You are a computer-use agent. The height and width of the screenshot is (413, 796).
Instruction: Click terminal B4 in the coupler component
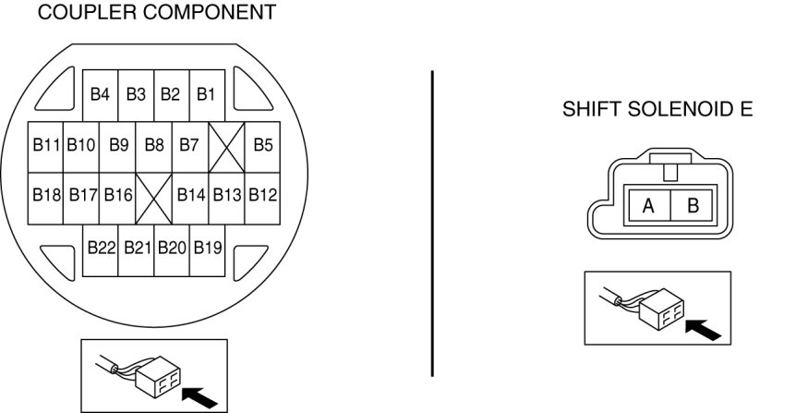point(100,94)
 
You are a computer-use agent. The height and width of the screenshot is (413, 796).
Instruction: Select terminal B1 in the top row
point(206,94)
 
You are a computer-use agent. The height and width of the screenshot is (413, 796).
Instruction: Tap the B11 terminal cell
point(46,145)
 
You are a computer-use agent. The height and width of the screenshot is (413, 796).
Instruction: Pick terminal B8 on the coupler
point(154,145)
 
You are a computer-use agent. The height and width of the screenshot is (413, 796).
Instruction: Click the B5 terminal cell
point(263,145)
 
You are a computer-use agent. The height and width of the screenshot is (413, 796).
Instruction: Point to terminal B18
point(46,196)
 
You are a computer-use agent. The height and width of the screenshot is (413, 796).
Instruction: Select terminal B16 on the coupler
point(118,196)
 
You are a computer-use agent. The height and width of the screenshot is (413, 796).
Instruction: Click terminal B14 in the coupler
point(190,196)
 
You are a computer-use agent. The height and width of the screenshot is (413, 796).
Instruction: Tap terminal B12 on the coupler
point(263,196)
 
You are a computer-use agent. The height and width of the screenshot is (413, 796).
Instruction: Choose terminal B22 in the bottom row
point(101,248)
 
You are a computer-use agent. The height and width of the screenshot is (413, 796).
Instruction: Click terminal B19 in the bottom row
point(208,248)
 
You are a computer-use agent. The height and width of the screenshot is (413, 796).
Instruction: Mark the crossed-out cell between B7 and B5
point(226,146)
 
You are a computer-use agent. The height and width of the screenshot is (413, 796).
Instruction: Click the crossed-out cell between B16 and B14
point(154,197)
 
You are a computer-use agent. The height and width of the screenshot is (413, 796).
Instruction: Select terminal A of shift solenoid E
point(648,206)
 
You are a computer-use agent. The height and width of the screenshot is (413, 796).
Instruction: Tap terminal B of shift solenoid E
point(693,206)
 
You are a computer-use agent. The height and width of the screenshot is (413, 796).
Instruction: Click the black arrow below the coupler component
point(201,395)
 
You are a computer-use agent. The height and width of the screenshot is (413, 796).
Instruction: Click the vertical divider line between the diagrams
point(432,222)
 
